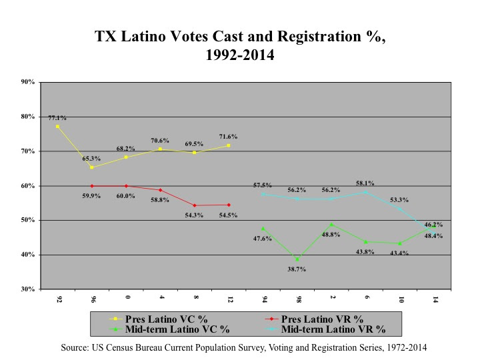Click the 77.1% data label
pyautogui.click(x=57, y=118)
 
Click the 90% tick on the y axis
pyautogui.click(x=28, y=82)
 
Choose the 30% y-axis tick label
pyautogui.click(x=28, y=289)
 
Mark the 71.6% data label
pyautogui.click(x=229, y=137)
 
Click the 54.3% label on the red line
pyautogui.click(x=194, y=215)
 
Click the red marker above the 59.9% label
pyautogui.click(x=91, y=186)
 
